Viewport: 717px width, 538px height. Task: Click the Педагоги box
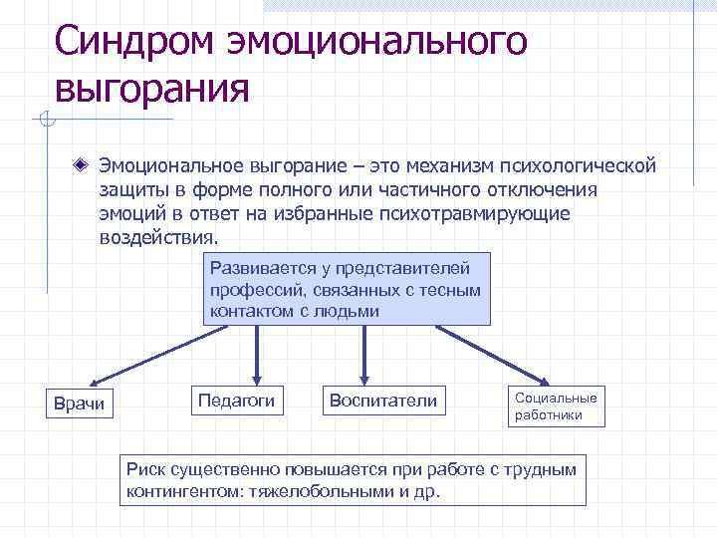[237, 400]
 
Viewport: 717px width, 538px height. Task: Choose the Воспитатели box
[382, 401]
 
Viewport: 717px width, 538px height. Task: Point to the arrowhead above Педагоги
[258, 376]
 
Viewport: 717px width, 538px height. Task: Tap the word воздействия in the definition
[156, 239]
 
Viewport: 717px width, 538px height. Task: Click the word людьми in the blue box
[349, 311]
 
